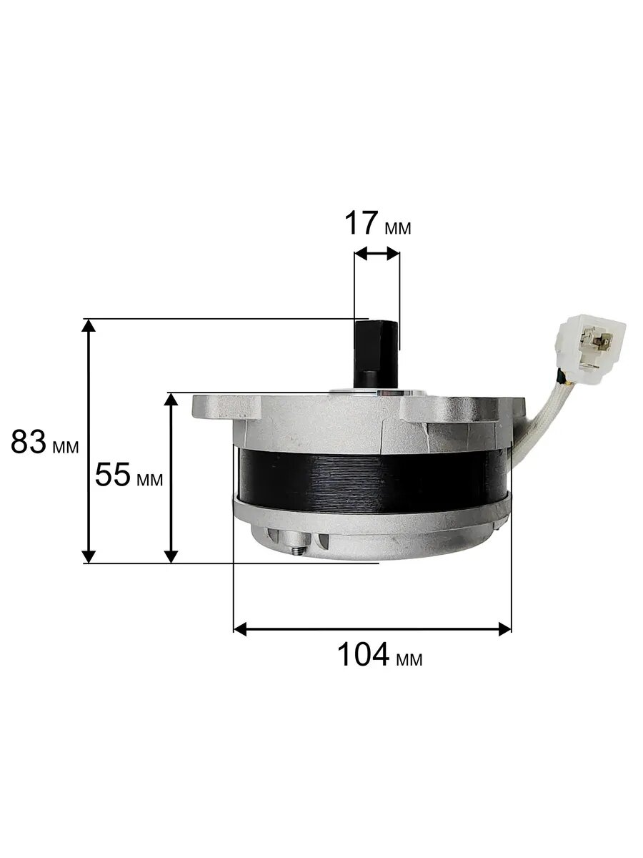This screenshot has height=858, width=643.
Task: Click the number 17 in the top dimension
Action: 361,223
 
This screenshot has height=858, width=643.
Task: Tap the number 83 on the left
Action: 29,442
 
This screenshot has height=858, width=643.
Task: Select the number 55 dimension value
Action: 113,475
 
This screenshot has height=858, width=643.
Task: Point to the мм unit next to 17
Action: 398,228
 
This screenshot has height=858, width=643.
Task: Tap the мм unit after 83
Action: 66,447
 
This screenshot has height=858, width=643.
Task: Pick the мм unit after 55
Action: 150,480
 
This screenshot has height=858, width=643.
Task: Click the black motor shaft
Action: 376,354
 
